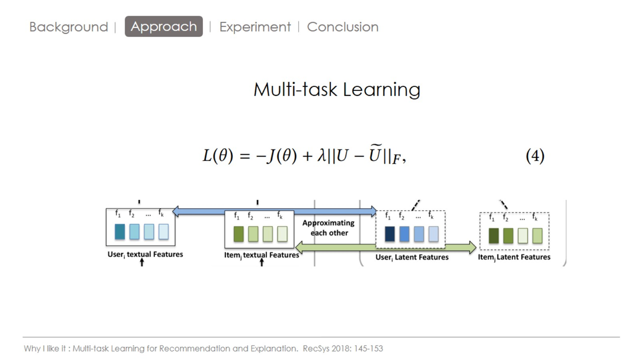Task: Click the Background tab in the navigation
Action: coord(68,27)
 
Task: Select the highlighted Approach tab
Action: coord(163,26)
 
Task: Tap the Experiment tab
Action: coord(255,27)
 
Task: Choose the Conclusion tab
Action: coord(342,27)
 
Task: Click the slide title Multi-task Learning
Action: coord(336,89)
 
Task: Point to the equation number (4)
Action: coord(534,156)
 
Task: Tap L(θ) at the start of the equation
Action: coord(217,156)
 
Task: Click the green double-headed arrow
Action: coord(385,246)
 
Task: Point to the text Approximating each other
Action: coord(328,227)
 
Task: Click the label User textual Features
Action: coord(145,254)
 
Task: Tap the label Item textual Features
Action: coord(261,255)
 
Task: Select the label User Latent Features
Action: coord(412,257)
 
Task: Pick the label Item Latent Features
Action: coord(514,257)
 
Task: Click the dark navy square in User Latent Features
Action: coord(389,234)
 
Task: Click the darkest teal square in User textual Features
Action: coord(119,231)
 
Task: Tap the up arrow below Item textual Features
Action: coord(261,263)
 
